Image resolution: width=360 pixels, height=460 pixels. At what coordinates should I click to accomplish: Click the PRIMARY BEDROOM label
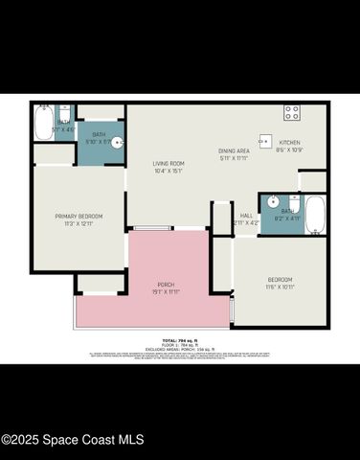79,217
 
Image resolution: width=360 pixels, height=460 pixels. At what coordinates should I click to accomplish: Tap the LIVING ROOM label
169,164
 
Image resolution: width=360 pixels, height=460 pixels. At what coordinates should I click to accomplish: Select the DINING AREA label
234,150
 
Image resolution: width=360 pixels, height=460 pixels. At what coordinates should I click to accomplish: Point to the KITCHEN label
288,143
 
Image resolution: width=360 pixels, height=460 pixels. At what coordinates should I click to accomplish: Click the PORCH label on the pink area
167,285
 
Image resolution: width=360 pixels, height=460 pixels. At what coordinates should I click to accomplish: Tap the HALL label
246,216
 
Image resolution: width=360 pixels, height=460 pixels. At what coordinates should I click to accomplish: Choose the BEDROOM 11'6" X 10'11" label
281,279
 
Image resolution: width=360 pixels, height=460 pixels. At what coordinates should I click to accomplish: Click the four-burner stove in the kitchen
291,113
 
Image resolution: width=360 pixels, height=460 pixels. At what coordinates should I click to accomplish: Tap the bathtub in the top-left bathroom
43,122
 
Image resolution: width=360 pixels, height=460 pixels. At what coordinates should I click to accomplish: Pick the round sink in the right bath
273,202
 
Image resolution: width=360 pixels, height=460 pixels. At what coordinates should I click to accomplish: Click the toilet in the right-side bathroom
294,203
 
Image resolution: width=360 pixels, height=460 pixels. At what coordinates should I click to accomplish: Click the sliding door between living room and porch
153,228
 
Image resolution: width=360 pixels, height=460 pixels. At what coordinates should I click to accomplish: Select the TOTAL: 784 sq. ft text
180,340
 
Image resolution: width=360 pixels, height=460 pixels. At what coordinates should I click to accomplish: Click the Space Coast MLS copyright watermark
73,440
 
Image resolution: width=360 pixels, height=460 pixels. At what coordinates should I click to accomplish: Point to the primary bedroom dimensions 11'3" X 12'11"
79,224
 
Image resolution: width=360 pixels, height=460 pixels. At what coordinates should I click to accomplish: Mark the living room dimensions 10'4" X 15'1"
169,172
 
